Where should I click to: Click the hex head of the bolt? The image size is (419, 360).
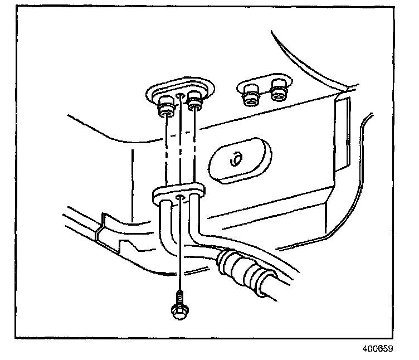(x=178, y=312)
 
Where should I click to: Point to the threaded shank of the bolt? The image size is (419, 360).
(x=179, y=296)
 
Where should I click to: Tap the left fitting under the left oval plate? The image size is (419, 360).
(x=165, y=106)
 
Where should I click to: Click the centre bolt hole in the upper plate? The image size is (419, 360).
(x=179, y=96)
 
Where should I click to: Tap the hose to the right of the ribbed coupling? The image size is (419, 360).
(x=276, y=290)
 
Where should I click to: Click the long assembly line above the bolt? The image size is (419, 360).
(x=179, y=245)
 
